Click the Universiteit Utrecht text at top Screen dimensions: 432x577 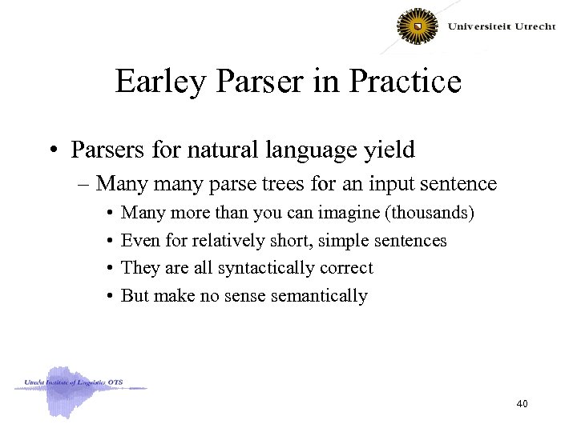pos(501,26)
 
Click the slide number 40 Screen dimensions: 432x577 pos(522,405)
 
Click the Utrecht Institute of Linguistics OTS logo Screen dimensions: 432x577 pos(79,389)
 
